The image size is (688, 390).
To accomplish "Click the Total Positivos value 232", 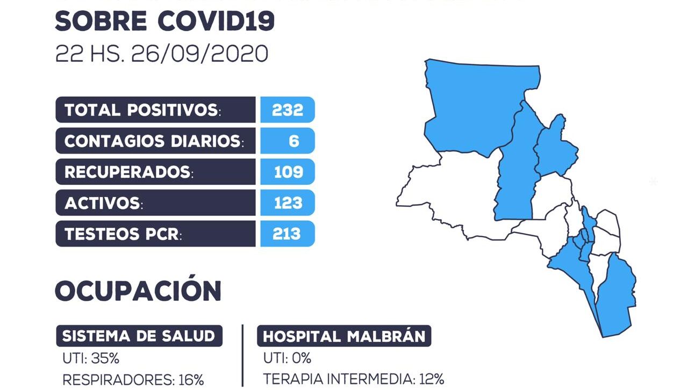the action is pos(288,110).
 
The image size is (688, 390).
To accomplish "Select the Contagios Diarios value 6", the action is pos(293,141).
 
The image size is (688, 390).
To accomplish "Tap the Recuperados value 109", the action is pos(289,172).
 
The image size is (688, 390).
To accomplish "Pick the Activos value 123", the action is pos(288,203).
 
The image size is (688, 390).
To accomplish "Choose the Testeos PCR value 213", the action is pos(286,234).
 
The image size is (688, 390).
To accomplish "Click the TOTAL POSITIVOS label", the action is pos(142,110).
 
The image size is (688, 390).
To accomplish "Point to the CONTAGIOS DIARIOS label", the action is pos(154,141).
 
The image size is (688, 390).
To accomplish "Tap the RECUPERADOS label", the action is pos(128,172).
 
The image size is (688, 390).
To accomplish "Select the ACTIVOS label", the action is pos(104,203).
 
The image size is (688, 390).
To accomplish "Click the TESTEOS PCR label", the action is pos(123,234).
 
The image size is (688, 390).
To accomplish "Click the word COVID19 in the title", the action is pos(216,21).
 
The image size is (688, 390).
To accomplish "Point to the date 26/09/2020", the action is pos(199,53).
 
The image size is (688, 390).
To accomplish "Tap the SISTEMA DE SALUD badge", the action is pos(139,336).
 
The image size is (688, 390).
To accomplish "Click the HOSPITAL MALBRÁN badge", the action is pos(344,336).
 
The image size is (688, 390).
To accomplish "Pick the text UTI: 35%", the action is pos(91,358).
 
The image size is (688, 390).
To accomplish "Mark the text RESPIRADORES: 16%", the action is pos(133,380).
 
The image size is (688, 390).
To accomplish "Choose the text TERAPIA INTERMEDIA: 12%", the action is pos(354,379).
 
